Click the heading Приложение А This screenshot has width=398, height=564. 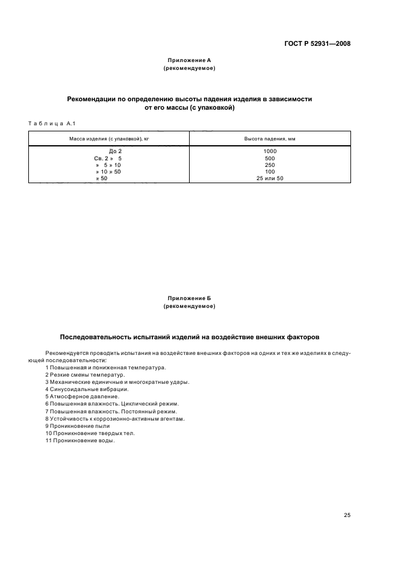tap(189, 61)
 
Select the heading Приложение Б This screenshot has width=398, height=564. tap(189, 298)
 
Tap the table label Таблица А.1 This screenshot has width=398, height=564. tap(51, 124)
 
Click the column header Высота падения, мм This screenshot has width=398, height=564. tap(269, 139)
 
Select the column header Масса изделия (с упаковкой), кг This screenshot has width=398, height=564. tap(109, 139)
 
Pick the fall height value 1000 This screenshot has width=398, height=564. tap(269, 151)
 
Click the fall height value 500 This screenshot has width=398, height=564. tap(269, 158)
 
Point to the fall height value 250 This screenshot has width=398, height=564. tap(269, 164)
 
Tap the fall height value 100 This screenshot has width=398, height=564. tap(269, 172)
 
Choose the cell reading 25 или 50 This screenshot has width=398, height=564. tap(269, 178)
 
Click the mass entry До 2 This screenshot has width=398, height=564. tap(115, 151)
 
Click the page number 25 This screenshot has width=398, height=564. tap(347, 515)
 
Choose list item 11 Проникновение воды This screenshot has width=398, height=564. tap(80, 440)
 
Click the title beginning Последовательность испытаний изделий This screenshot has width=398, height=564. tap(189, 336)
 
